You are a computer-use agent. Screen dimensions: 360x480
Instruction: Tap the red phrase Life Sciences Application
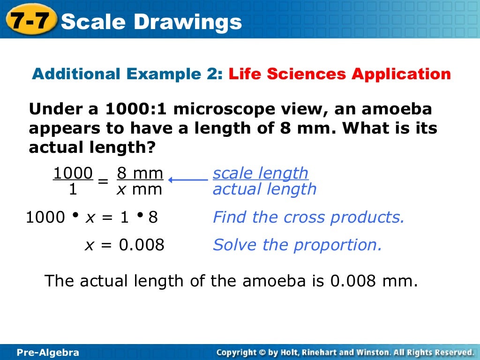340,74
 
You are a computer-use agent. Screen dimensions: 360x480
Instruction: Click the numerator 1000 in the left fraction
73,174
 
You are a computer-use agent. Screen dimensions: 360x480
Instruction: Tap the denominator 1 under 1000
73,189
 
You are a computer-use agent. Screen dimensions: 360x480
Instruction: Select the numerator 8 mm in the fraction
140,174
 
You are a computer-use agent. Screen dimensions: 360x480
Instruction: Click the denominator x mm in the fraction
140,189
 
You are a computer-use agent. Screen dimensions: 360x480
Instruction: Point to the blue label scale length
261,173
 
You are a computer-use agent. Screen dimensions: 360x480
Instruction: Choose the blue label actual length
264,189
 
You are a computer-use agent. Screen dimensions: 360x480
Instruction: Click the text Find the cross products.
308,217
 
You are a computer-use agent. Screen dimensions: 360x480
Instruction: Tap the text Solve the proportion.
297,245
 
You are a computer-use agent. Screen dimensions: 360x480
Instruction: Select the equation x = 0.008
124,245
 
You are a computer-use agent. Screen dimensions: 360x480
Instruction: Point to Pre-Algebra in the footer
48,352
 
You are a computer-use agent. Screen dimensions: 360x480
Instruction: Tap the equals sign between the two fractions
104,181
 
